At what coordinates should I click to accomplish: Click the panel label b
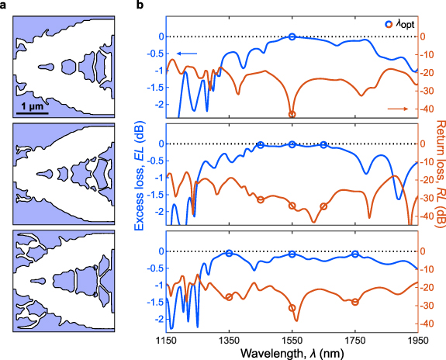click(140, 6)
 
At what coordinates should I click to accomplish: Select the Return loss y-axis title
click(439, 175)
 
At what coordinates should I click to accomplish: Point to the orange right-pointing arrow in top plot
click(399, 108)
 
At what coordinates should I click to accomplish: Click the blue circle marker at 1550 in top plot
click(292, 36)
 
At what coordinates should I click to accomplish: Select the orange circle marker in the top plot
click(292, 114)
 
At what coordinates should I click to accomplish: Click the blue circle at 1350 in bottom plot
click(229, 253)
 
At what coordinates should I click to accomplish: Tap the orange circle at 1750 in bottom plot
click(355, 302)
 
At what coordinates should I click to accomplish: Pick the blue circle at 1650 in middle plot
click(323, 144)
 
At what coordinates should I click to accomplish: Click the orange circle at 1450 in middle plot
click(261, 199)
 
